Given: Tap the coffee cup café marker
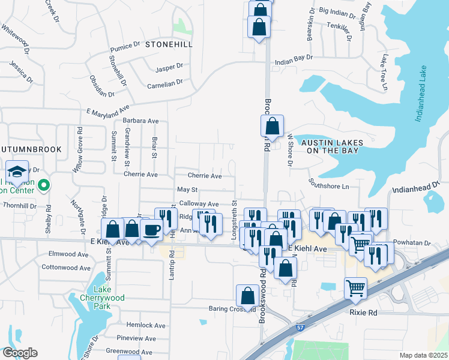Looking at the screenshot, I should [x=151, y=230].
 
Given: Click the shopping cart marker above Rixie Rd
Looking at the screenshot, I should [x=355, y=289].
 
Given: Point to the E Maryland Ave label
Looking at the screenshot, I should [x=108, y=111].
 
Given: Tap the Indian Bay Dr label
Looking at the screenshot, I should [x=294, y=58].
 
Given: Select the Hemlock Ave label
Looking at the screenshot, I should [x=144, y=325].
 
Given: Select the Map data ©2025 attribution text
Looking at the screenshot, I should [x=423, y=355].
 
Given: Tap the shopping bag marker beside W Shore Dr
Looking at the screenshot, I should [x=272, y=127].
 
